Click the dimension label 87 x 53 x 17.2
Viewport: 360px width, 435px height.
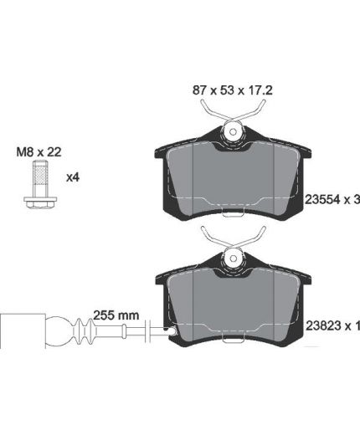(232, 90)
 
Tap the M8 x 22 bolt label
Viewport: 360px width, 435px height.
(39, 152)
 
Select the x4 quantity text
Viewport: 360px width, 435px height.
(73, 177)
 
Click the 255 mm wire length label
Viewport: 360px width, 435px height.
(116, 315)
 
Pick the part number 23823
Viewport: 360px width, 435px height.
(323, 325)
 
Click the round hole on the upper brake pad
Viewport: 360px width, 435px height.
(234, 132)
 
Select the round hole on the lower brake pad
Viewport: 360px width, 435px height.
(234, 258)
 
